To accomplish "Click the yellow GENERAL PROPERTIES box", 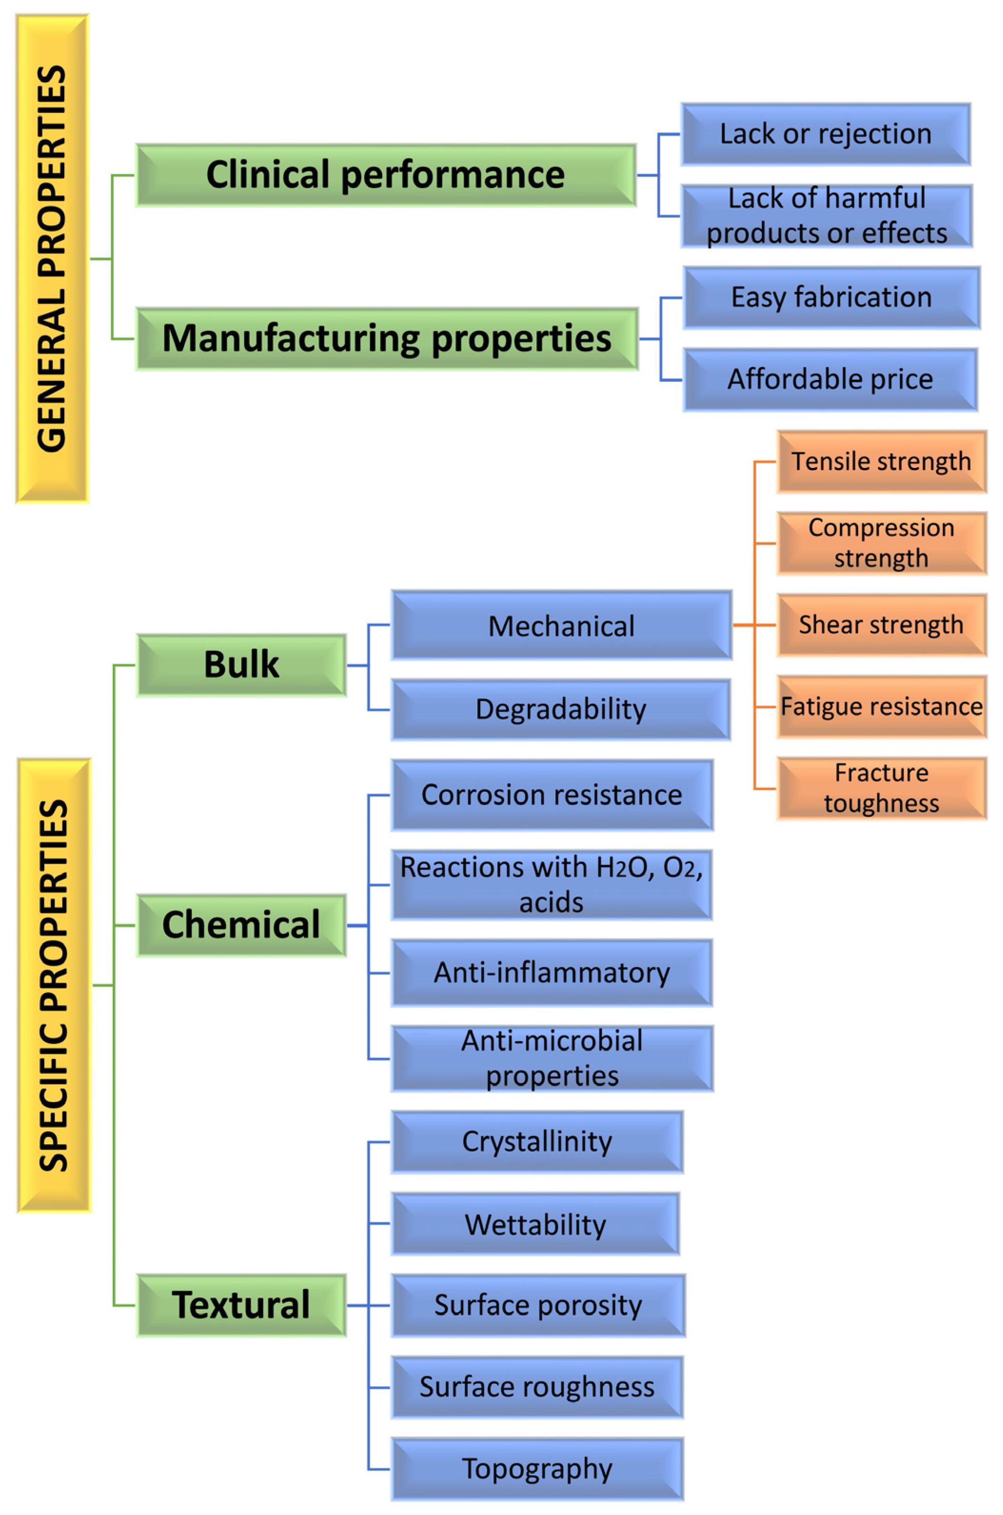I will click(52, 259).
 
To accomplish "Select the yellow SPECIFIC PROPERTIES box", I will click(54, 985).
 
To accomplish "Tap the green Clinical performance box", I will click(386, 175).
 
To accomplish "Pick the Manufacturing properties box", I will click(387, 339).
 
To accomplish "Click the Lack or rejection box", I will click(825, 134).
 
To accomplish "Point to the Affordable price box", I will click(830, 379).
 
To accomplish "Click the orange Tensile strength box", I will click(882, 461).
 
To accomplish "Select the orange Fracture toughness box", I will click(882, 788).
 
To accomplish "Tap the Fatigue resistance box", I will click(882, 707).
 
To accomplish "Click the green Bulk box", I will click(241, 665).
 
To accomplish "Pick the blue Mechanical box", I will click(561, 625).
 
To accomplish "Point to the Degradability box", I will click(560, 709).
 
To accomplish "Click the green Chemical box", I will click(241, 925).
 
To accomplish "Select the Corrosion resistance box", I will click(551, 795).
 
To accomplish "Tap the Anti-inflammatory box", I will click(551, 973).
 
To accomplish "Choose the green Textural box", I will click(241, 1305).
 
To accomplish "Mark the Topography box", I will click(537, 1469).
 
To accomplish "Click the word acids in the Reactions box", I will click(551, 903).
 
